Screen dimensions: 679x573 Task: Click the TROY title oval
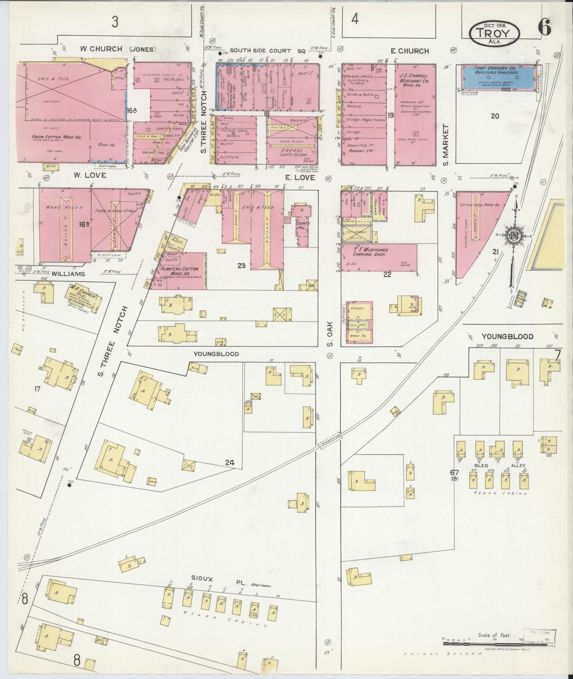494,33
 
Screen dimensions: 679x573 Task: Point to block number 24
230,462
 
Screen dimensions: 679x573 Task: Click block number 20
495,116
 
